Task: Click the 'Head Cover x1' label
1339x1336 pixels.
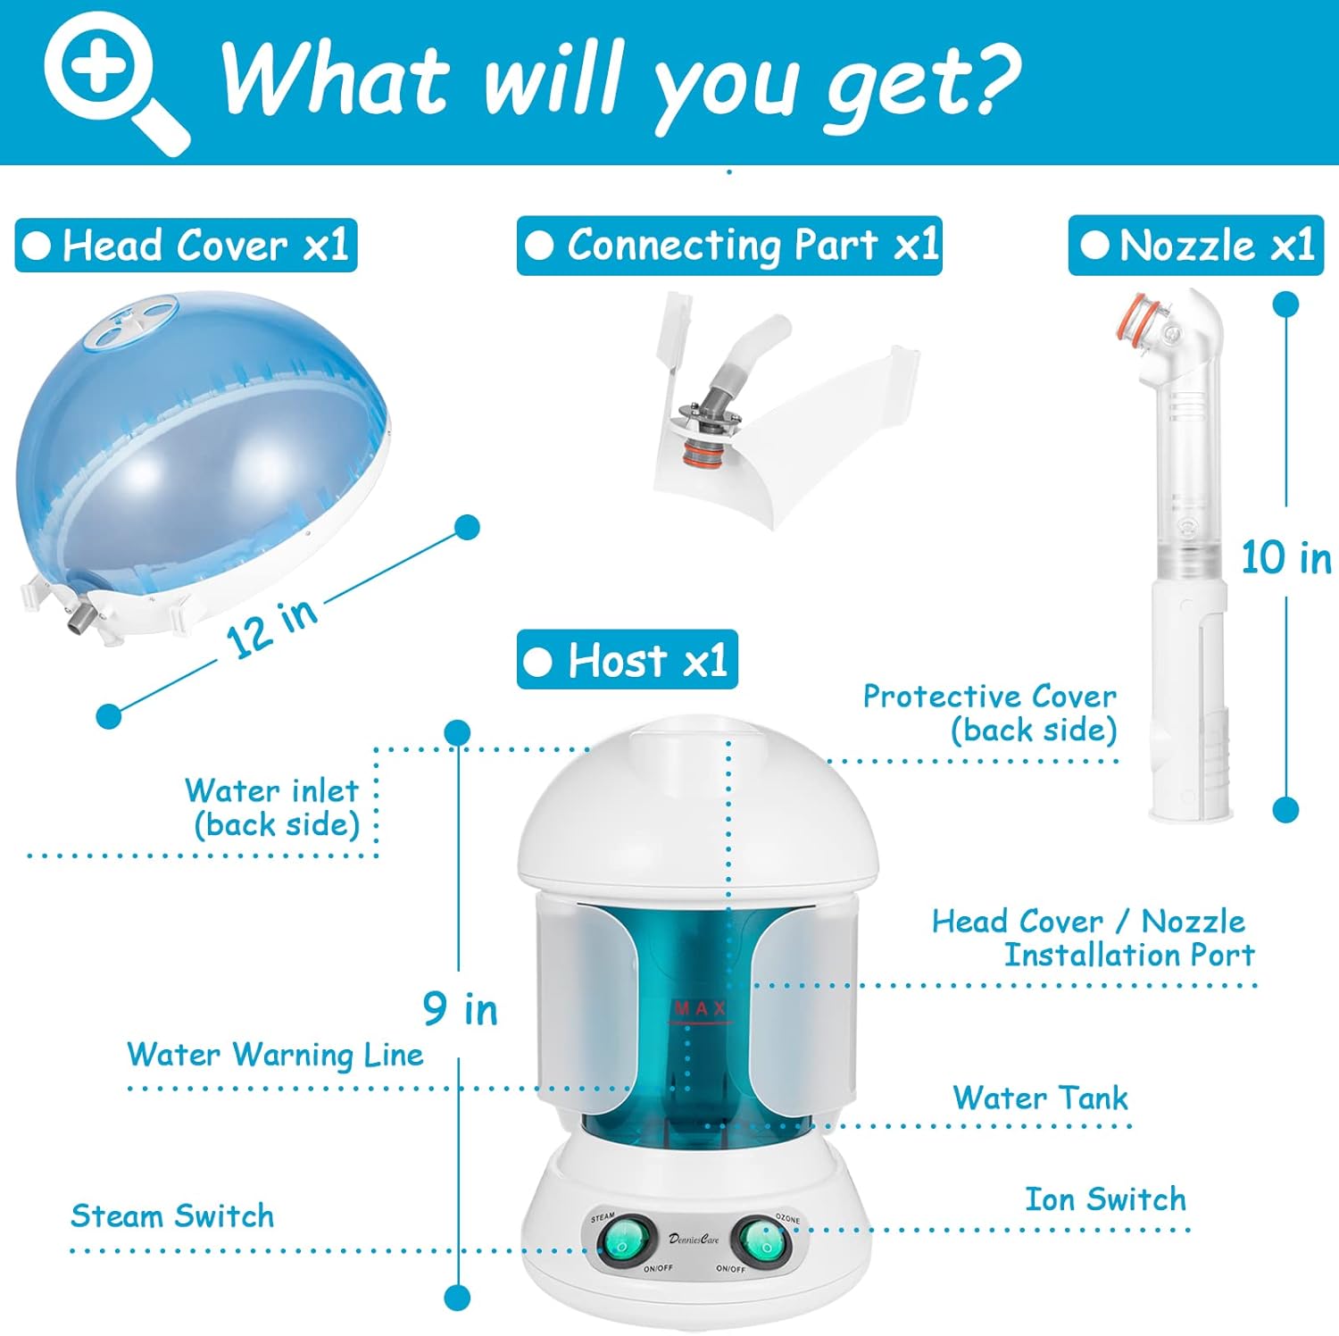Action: pos(187,246)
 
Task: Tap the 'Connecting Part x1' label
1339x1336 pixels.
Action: pos(729,246)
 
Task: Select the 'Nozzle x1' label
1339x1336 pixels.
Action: pos(1195,246)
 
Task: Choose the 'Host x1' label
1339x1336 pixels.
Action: pos(628,661)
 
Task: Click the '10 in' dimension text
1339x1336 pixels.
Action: pos(1285,558)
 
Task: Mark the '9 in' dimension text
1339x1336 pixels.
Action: pos(460,1010)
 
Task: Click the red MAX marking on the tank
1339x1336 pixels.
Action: pos(700,1010)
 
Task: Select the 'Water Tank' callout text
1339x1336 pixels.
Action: pos(1040,1098)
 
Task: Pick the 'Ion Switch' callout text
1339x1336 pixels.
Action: pos(1105,1199)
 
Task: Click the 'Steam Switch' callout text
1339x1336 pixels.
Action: pos(172,1216)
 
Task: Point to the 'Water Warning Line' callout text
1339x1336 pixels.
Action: pos(275,1055)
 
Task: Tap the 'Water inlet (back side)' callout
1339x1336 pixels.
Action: pos(273,807)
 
